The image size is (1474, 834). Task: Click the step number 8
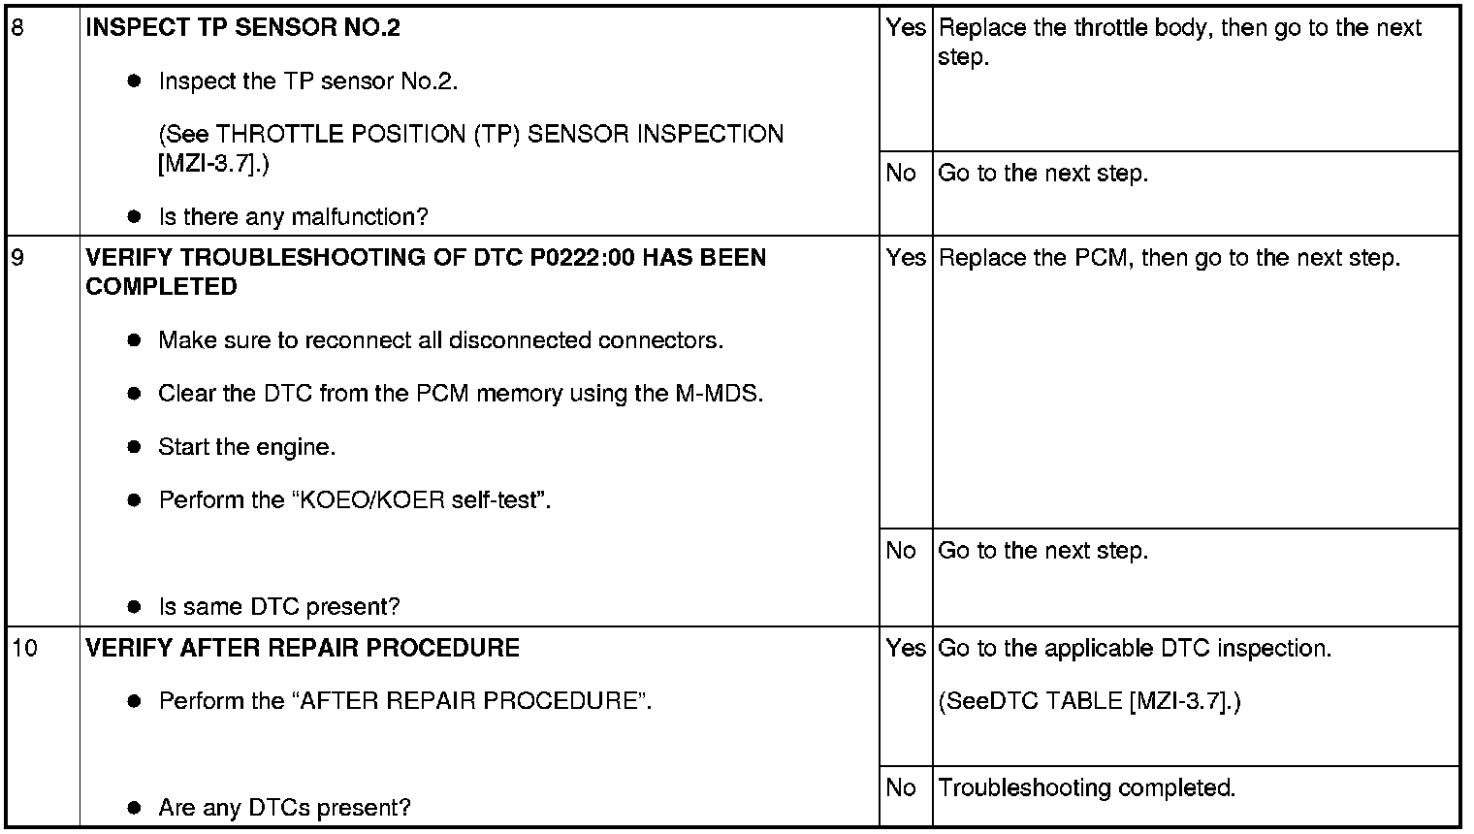coord(17,28)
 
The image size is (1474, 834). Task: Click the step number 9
coord(17,257)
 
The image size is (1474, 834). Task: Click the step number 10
coord(25,649)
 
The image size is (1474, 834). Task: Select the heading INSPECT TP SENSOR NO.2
coord(242,28)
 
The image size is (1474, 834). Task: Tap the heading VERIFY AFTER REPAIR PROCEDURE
coord(302,649)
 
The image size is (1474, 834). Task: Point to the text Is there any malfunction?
coord(294,216)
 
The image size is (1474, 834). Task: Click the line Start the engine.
coord(246,447)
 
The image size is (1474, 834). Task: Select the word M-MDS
coord(720,394)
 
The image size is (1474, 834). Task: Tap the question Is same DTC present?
coord(279,606)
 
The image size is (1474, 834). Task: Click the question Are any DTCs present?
coord(285,807)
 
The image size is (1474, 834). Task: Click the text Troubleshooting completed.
coord(1086,787)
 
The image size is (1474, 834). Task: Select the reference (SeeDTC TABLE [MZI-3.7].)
coord(1089,702)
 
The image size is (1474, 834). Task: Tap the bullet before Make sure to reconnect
coord(134,340)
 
